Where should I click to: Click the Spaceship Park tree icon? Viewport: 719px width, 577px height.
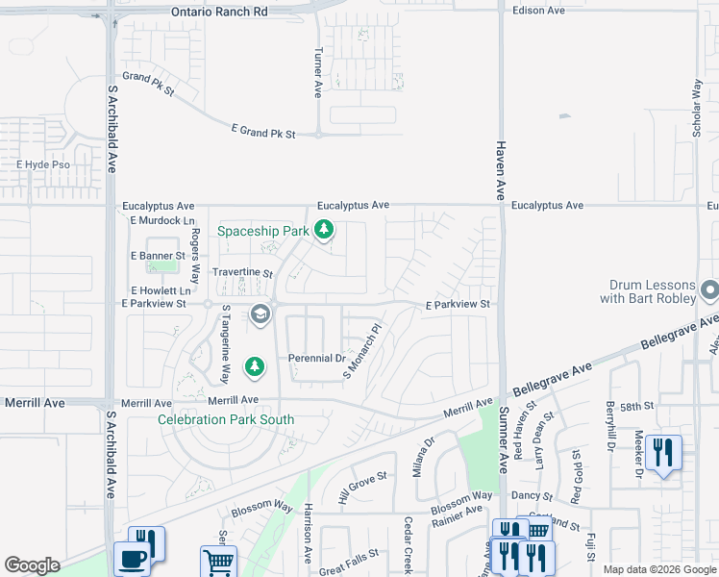pyautogui.click(x=326, y=230)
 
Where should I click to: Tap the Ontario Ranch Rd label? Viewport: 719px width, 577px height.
pyautogui.click(x=220, y=12)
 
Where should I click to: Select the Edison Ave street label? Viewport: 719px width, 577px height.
pyautogui.click(x=539, y=10)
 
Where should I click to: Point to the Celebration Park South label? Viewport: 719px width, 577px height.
pyautogui.click(x=226, y=419)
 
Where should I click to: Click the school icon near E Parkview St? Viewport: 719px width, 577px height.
pyautogui.click(x=260, y=314)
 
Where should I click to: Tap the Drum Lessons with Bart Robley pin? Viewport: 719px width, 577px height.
pyautogui.click(x=709, y=289)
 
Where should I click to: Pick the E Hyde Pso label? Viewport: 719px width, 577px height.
pyautogui.click(x=44, y=165)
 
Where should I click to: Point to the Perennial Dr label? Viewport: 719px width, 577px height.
pyautogui.click(x=316, y=359)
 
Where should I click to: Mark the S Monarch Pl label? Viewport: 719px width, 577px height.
pyautogui.click(x=362, y=350)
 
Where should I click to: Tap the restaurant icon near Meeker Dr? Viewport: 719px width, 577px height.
pyautogui.click(x=663, y=452)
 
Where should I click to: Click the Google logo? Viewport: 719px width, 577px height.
pyautogui.click(x=32, y=565)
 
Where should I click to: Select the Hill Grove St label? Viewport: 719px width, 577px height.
pyautogui.click(x=362, y=488)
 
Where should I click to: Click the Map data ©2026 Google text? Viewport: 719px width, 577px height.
pyautogui.click(x=658, y=569)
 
